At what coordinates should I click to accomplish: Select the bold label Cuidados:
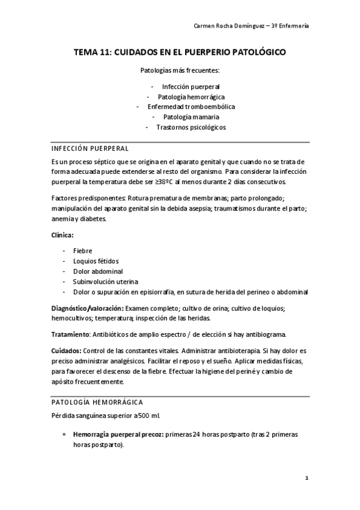(x=66, y=351)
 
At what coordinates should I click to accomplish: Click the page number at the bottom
(x=307, y=478)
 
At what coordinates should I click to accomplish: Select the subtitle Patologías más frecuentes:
(x=180, y=70)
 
